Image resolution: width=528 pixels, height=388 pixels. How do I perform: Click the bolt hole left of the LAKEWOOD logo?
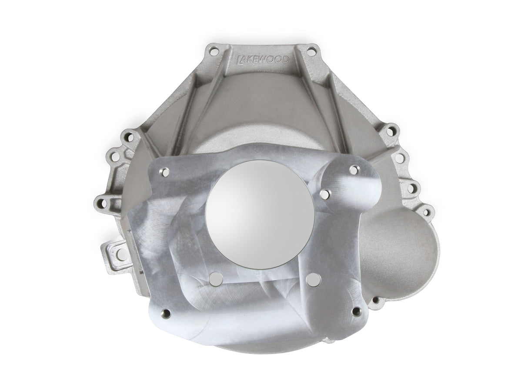tap(213, 51)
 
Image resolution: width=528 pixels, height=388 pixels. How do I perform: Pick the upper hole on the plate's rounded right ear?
tap(354, 170)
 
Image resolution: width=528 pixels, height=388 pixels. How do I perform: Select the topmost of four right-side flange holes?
tap(391, 130)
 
